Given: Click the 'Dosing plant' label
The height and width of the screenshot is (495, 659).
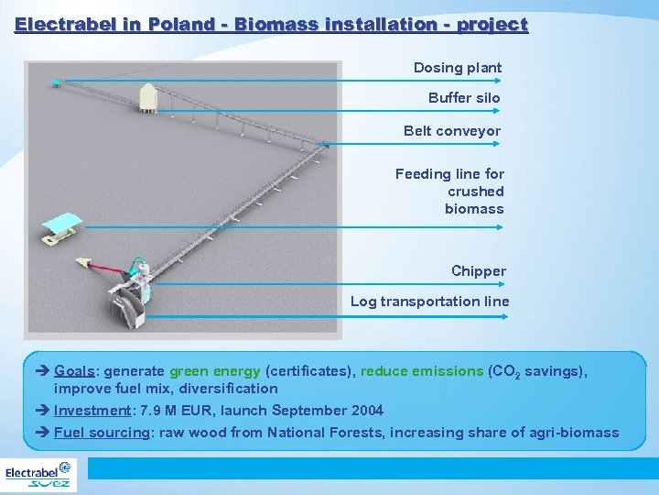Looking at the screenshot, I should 458,68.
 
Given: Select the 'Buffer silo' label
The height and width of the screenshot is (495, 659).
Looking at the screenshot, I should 464,98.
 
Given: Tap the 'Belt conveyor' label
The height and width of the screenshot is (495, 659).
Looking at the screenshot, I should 452,131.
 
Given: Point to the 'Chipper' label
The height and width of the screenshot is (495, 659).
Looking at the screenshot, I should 478,271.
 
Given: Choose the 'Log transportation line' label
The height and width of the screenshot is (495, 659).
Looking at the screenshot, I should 429,302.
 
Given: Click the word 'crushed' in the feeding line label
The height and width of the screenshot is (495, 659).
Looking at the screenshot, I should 475,192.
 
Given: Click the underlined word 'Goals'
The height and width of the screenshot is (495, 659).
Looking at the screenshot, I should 76,371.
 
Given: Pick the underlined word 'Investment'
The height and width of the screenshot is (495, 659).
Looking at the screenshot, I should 92,411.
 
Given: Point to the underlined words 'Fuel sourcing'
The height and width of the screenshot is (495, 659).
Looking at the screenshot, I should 102,433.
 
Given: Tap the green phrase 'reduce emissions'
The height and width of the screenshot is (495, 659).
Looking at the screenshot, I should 422,371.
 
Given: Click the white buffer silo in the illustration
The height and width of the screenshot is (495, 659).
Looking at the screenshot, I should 146,95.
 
